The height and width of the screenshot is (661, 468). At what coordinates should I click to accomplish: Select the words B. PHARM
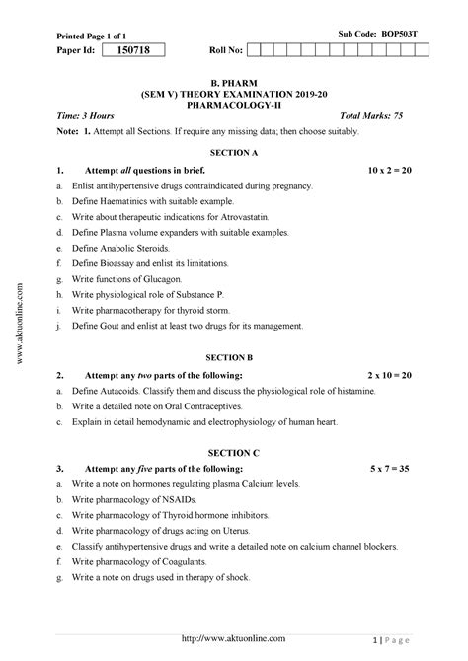click(233, 74)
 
